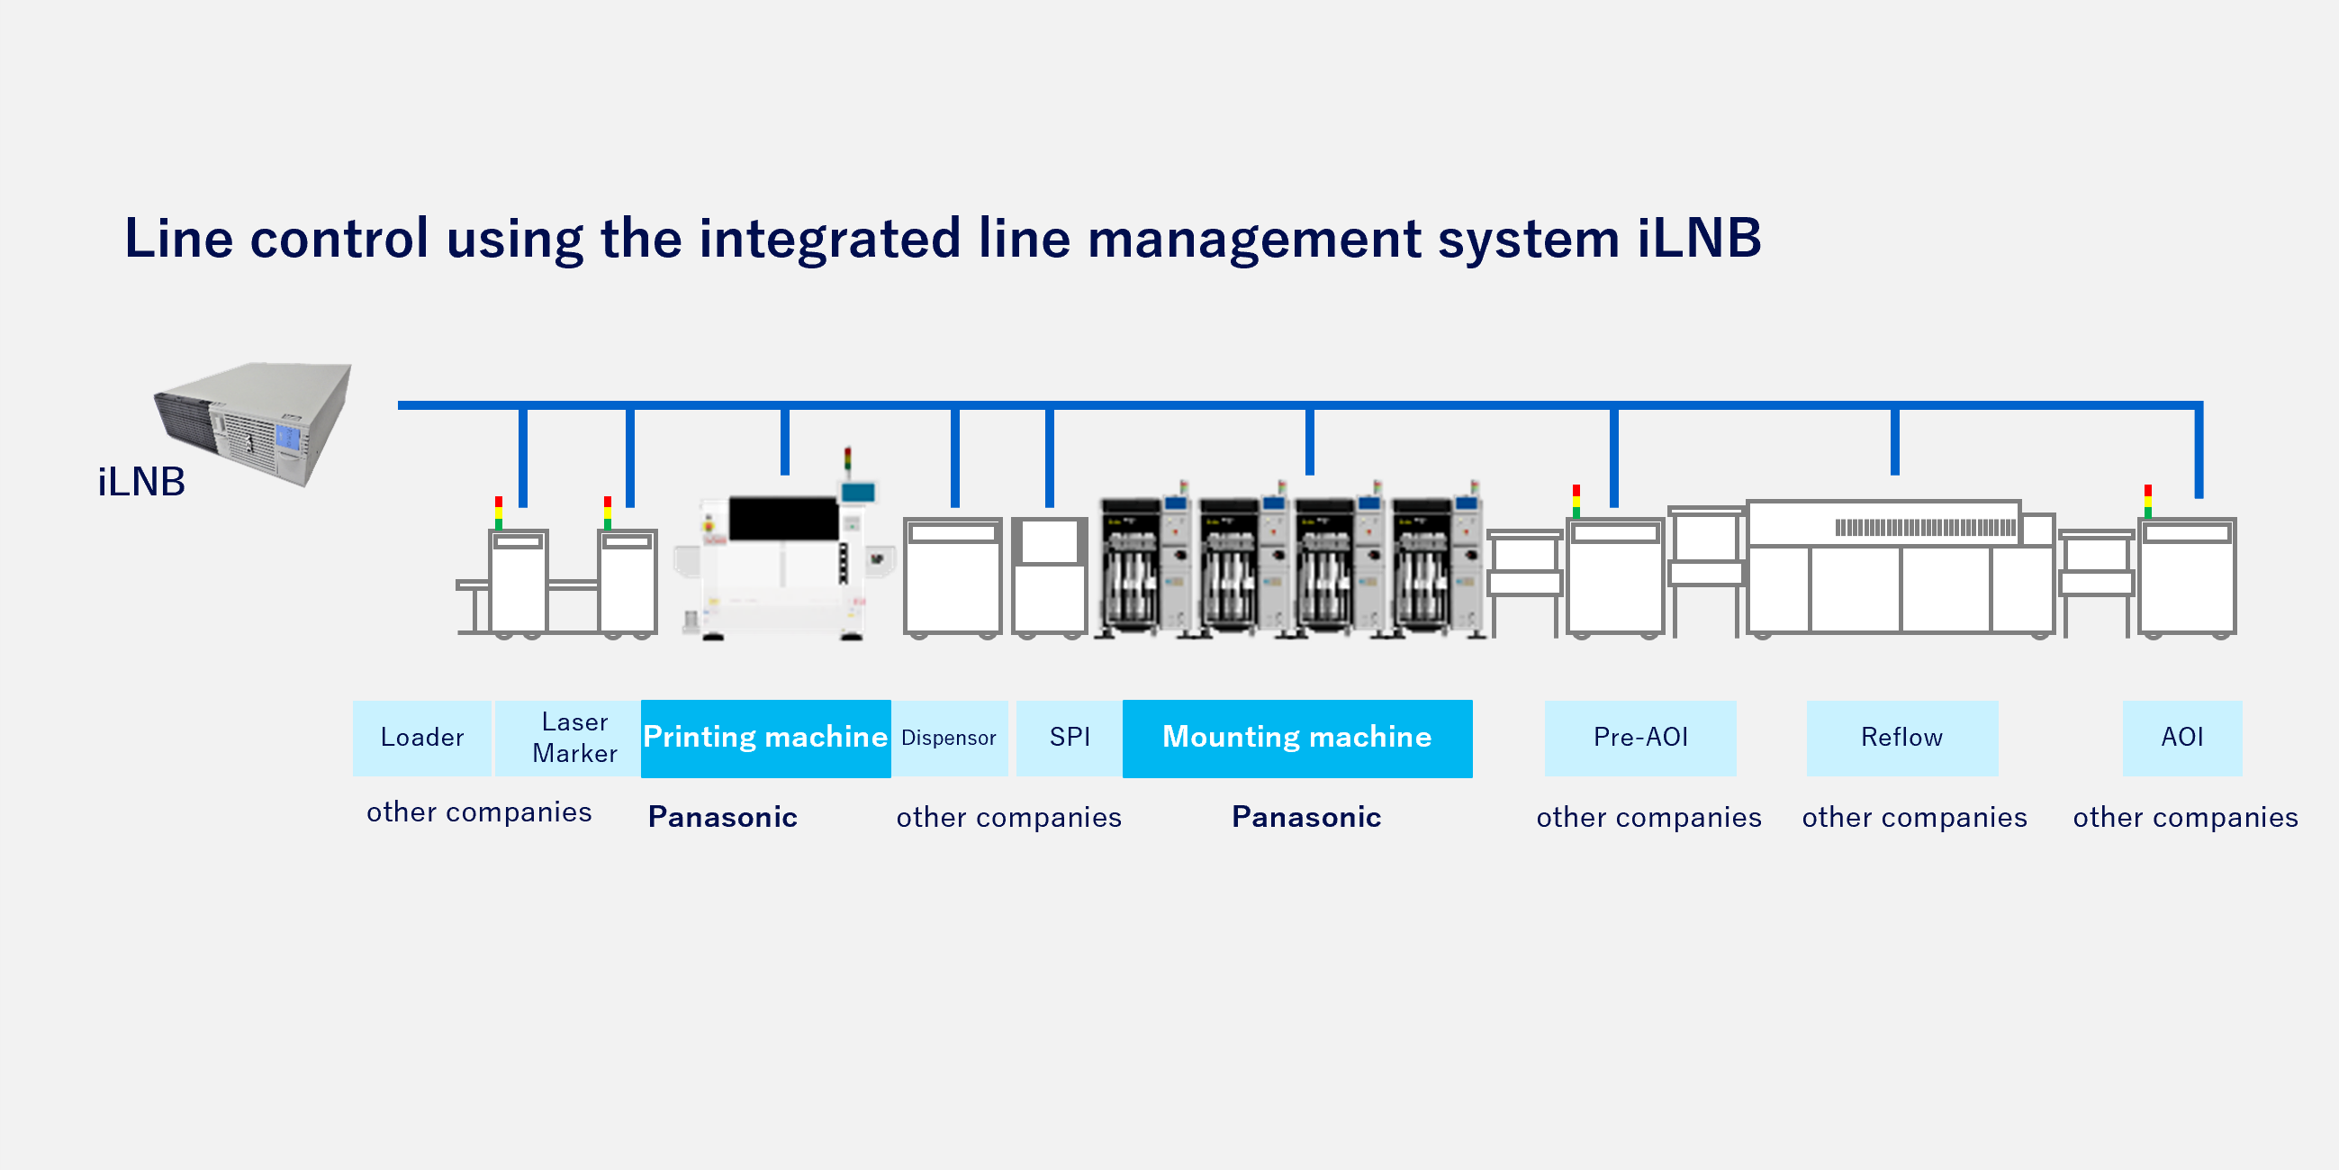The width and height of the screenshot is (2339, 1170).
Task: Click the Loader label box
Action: [x=422, y=738]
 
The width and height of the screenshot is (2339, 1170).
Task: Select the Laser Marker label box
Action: [x=573, y=738]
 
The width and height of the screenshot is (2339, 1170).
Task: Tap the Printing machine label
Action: [x=765, y=738]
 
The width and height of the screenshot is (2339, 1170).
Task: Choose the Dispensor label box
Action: [x=949, y=738]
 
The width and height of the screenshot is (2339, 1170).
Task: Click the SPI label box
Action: [x=1070, y=738]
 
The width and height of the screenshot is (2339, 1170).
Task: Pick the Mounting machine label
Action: [x=1296, y=738]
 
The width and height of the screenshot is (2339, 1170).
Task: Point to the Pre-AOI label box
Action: [x=1639, y=738]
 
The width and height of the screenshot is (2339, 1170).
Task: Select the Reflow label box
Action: [x=1901, y=738]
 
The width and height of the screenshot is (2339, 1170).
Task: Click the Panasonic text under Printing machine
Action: [x=723, y=818]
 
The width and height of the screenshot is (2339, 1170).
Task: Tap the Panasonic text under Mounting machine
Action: [x=1306, y=818]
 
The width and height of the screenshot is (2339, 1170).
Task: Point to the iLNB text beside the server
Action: [x=141, y=483]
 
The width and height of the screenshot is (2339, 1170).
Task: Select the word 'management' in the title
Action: [x=1254, y=239]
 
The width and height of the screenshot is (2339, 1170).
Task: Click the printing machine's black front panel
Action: [x=782, y=518]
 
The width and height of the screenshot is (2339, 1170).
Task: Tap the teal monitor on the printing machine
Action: [x=857, y=493]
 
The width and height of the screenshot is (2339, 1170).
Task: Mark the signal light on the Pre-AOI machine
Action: [x=1576, y=502]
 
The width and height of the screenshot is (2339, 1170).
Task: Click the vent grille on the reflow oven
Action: [x=1925, y=528]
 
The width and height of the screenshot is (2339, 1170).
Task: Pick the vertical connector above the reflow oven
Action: [x=1895, y=440]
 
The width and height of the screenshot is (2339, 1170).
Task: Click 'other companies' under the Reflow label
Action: [x=1914, y=818]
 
